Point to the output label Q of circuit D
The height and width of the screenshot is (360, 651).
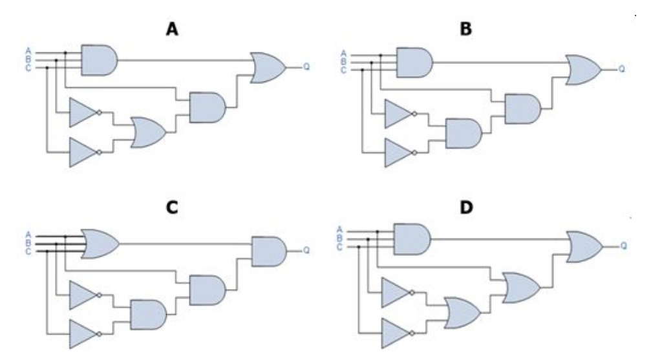623,246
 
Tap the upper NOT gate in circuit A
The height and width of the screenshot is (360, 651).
83,112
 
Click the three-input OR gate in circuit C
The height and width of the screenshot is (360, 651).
99,242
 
